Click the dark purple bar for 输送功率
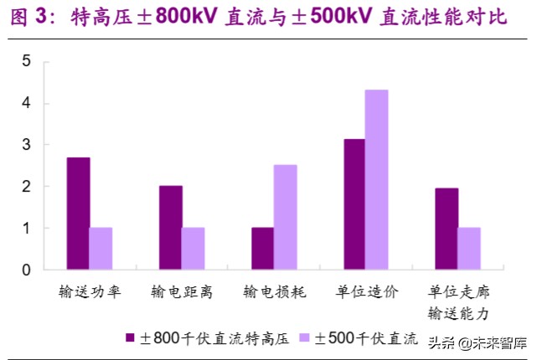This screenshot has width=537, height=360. [78, 213]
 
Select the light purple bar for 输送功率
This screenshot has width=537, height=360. [101, 249]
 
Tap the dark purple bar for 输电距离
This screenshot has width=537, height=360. [170, 228]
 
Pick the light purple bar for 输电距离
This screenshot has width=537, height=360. [193, 249]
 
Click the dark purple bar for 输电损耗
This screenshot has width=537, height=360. [262, 249]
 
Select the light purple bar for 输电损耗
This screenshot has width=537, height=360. [285, 218]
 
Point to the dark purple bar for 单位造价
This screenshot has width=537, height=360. [354, 204]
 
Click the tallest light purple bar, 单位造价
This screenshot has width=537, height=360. [377, 180]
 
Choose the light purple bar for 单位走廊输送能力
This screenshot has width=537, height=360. [469, 249]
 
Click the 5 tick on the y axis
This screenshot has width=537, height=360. [26, 62]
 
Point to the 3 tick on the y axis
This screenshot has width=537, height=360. [26, 145]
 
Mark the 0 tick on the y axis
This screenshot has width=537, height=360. [26, 270]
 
